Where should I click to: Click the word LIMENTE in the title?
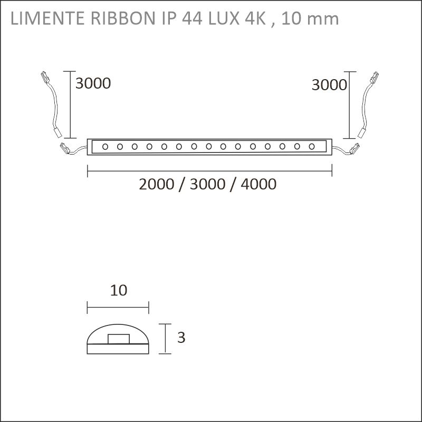pyautogui.click(x=47, y=18)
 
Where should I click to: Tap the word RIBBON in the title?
pyautogui.click(x=123, y=18)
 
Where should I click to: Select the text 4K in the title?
pyautogui.click(x=255, y=18)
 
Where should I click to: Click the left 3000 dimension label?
pyautogui.click(x=93, y=83)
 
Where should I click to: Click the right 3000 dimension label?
pyautogui.click(x=329, y=85)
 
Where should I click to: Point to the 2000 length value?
pyautogui.click(x=157, y=184)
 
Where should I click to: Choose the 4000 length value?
pyautogui.click(x=258, y=184)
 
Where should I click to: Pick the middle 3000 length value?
pyautogui.click(x=207, y=184)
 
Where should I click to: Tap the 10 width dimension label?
pyautogui.click(x=118, y=291)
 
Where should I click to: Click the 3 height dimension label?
pyautogui.click(x=181, y=338)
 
